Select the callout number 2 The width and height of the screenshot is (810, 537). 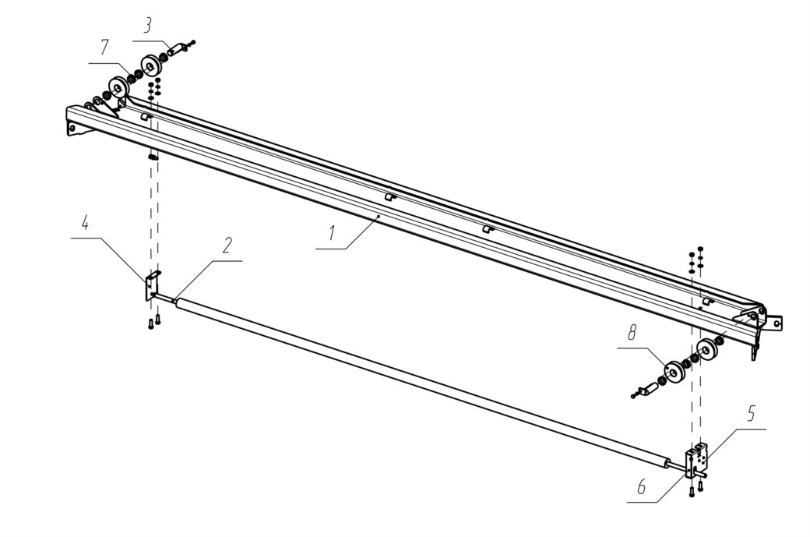pos(227,246)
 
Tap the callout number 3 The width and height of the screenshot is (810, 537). pos(148,26)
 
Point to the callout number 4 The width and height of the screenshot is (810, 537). pos(85,223)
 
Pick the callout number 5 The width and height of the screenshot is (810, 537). pos(751,413)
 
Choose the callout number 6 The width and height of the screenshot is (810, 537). pos(642,486)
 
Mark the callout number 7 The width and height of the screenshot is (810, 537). pos(105,48)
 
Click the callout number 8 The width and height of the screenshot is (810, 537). pos(632,334)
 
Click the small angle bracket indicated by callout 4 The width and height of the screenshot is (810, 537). pos(153,284)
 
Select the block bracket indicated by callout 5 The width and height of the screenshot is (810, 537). pos(697,458)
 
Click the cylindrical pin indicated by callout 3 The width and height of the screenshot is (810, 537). pos(178,50)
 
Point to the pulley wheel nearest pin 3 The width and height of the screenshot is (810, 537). pos(152,65)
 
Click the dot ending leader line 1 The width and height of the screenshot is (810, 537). pos(379,216)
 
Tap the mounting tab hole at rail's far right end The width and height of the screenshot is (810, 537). pos(775,323)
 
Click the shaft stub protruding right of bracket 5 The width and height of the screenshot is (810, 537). pos(704,472)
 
